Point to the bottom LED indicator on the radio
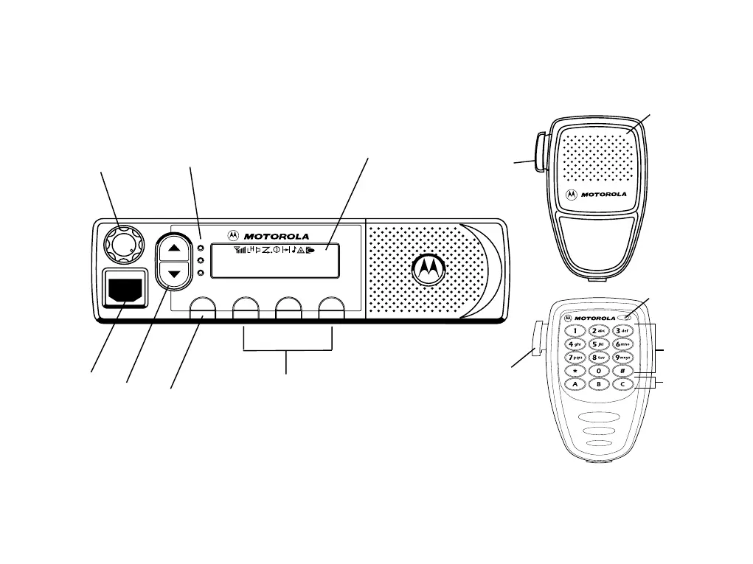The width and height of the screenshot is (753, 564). click(x=201, y=274)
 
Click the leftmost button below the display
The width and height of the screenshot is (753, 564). click(x=202, y=309)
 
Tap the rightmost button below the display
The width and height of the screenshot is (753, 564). click(x=332, y=309)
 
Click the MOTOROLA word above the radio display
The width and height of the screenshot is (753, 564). click(x=277, y=236)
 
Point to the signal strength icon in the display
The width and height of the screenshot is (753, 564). click(x=238, y=249)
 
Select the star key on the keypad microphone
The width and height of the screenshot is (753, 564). click(x=575, y=371)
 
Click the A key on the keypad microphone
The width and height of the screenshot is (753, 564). click(x=575, y=384)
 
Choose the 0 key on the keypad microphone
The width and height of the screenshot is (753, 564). click(x=599, y=371)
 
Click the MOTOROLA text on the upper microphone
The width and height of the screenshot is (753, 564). click(x=604, y=195)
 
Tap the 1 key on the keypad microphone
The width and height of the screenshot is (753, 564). click(x=575, y=331)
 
